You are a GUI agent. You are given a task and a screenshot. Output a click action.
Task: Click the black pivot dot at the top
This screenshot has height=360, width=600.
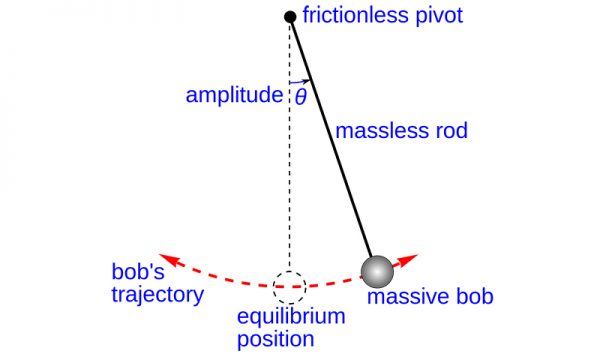(x=290, y=17)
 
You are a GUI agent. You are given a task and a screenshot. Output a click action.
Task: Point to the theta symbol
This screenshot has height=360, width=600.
(x=300, y=97)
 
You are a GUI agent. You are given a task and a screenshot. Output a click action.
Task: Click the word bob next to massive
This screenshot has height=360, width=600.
(x=474, y=298)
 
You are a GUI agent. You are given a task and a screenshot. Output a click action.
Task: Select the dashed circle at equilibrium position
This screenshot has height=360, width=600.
(x=289, y=287)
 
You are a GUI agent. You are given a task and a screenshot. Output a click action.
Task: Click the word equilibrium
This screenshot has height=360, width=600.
(x=291, y=318)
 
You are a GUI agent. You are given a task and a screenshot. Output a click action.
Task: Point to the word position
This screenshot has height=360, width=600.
(x=275, y=340)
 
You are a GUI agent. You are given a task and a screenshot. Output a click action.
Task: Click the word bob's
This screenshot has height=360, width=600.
(x=137, y=272)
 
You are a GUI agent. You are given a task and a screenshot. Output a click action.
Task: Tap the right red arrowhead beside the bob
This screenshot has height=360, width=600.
(x=408, y=261)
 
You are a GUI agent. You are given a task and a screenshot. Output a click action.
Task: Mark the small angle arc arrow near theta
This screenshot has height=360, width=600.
(x=301, y=81)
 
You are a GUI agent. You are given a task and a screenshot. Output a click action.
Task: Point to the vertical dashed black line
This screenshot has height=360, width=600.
(x=289, y=180)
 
